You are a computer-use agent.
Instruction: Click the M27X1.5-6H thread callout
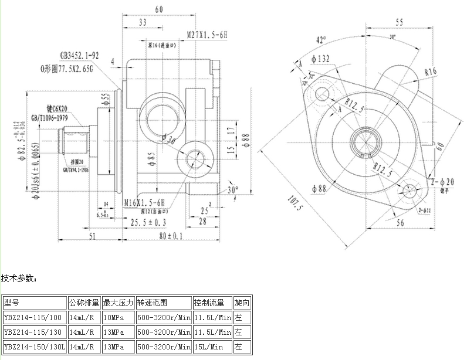[207, 35]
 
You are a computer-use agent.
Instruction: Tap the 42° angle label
[320, 40]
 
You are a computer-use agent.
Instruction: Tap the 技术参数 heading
[19, 277]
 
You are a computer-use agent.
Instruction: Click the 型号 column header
[12, 303]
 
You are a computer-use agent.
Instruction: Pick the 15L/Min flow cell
[208, 347]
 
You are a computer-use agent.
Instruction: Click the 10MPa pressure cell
[113, 318]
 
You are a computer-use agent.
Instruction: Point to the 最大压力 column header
[119, 303]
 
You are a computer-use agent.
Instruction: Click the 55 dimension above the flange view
[399, 23]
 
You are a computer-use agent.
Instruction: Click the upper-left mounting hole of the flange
[322, 93]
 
